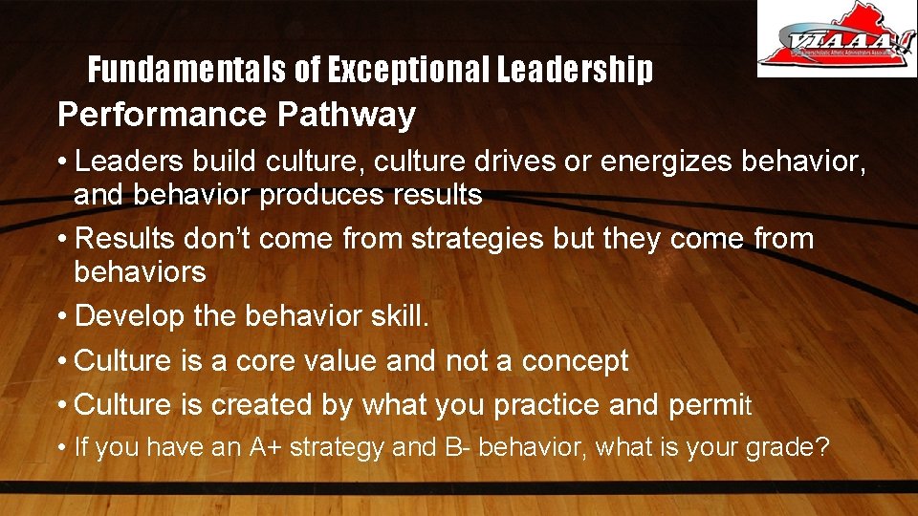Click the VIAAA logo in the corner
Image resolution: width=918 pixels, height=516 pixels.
(x=837, y=38)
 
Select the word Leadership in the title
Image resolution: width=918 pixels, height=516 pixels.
(x=574, y=70)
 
